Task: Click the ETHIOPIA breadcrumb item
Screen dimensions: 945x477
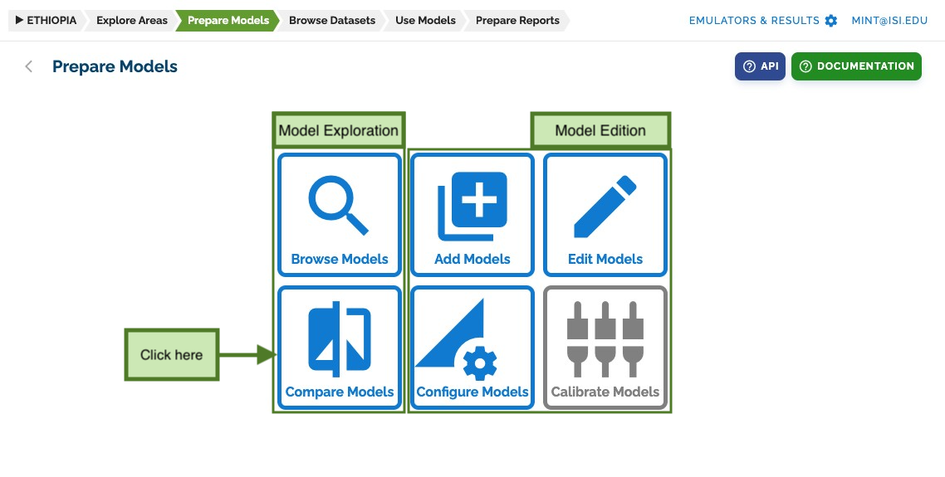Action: pos(46,21)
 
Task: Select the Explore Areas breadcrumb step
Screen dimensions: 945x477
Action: pos(131,21)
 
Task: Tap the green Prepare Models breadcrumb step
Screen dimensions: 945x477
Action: pos(228,21)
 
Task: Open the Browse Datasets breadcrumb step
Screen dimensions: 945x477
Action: pos(332,21)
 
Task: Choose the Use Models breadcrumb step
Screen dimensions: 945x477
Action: pos(425,21)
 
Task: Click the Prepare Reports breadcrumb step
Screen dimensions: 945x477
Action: pos(517,21)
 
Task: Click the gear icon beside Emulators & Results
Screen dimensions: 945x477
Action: pos(831,21)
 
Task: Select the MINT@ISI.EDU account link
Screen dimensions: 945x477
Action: pos(889,21)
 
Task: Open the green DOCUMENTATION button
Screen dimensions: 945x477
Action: pos(856,66)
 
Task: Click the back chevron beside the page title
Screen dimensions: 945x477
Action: pos(28,66)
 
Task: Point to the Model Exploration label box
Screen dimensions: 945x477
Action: pos(339,130)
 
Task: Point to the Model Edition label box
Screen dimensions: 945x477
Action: pos(600,130)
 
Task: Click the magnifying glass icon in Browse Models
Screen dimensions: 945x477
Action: pos(337,205)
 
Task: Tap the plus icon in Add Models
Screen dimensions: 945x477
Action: pos(479,199)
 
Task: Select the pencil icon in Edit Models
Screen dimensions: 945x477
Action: pos(605,207)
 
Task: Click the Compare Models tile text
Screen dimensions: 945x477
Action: pos(340,392)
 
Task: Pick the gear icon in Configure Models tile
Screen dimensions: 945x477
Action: pos(480,363)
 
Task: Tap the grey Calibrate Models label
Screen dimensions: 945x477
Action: pos(605,392)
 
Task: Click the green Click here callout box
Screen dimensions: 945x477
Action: pos(172,355)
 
